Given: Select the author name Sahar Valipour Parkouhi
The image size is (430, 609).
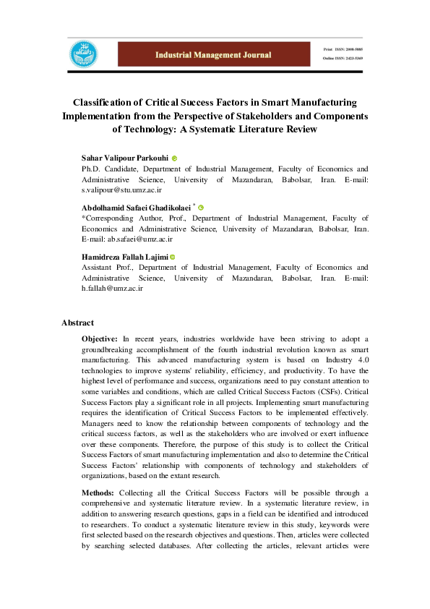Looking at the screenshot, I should point(125,157).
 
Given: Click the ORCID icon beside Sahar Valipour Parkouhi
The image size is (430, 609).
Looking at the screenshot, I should point(175,157).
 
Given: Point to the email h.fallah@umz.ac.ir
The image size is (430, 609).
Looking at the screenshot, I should point(112,288).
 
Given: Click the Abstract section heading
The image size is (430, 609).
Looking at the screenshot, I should point(77,323).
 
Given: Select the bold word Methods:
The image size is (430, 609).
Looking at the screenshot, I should point(99,492).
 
